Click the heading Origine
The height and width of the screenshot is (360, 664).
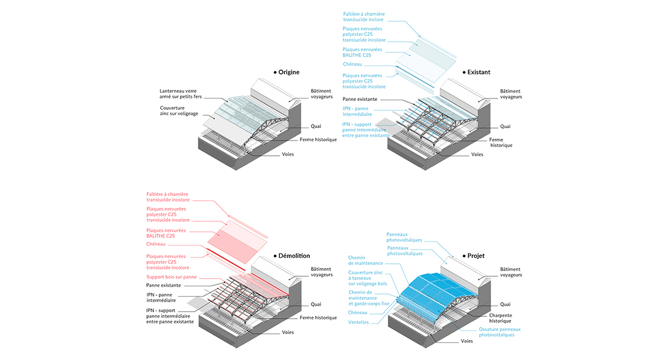[289, 73]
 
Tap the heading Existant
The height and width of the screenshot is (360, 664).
[479, 73]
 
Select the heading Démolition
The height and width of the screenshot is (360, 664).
[294, 256]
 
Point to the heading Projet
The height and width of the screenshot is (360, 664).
[476, 256]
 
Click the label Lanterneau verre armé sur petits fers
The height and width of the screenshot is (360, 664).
[181, 94]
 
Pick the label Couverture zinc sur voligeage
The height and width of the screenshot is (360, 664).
[179, 110]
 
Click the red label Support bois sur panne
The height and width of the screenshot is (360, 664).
[172, 277]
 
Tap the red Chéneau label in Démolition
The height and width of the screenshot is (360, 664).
[156, 244]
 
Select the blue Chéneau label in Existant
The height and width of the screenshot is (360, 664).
[352, 64]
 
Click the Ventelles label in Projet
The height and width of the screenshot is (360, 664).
[358, 322]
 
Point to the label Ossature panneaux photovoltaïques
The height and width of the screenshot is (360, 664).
[500, 332]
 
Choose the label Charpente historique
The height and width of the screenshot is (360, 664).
[501, 318]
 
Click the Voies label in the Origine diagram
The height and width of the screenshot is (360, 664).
[288, 154]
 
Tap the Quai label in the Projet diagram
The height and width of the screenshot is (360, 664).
[505, 304]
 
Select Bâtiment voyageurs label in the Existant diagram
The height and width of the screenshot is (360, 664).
[511, 94]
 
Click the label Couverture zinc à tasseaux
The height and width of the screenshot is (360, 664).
[368, 278]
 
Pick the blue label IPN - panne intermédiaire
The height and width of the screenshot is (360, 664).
[358, 112]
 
